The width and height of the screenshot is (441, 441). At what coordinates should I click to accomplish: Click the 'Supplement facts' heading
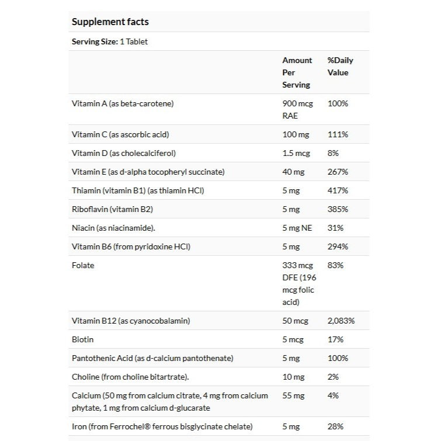tap(110, 22)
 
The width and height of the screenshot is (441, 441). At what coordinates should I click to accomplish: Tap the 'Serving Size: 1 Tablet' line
tap(109, 41)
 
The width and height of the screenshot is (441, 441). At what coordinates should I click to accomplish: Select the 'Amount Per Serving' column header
tap(297, 72)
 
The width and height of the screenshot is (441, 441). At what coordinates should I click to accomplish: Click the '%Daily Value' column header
tap(340, 67)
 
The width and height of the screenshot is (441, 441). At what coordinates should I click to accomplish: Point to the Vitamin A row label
tap(123, 103)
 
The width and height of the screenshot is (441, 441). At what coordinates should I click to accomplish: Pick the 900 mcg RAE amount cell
tap(297, 109)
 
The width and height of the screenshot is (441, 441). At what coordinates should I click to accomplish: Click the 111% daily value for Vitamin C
tap(338, 134)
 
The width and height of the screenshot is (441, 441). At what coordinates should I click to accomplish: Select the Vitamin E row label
tap(148, 172)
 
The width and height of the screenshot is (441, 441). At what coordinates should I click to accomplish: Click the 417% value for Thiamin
tap(338, 190)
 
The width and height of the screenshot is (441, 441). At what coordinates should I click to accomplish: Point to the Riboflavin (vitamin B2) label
tap(112, 209)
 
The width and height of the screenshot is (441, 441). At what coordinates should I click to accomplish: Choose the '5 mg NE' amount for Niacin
tap(297, 228)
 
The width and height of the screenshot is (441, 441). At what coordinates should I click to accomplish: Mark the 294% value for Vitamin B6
tap(338, 246)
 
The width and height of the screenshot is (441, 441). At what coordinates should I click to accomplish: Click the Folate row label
tap(83, 265)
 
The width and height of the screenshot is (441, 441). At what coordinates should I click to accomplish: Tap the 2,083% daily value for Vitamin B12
tap(341, 321)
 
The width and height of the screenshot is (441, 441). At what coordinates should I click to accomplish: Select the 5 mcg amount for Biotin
tap(294, 339)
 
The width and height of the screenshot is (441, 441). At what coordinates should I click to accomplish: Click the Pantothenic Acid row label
tap(152, 358)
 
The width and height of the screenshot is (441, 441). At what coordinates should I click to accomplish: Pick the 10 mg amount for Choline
tap(293, 377)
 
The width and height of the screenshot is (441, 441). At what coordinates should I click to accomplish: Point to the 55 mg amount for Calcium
tap(293, 395)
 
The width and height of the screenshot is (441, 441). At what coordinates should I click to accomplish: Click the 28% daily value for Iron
tap(336, 426)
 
